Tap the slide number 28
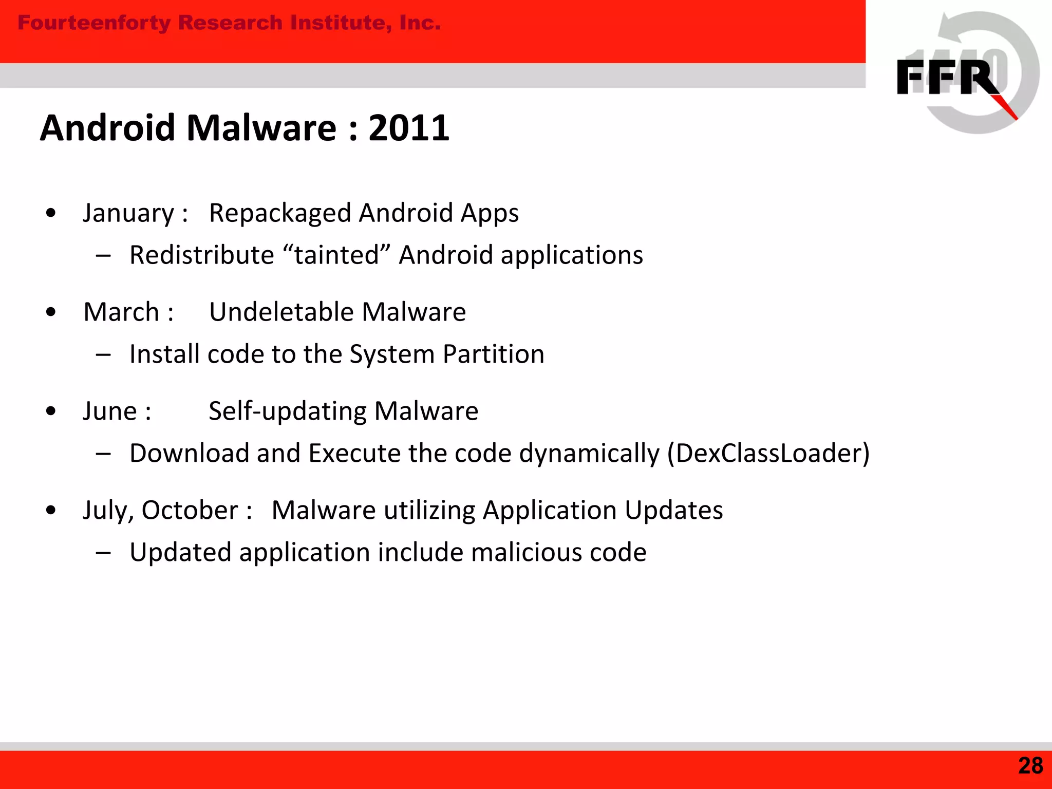(x=1030, y=765)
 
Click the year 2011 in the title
(x=409, y=128)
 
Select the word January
(x=128, y=213)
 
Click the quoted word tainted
(x=336, y=255)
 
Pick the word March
(x=121, y=312)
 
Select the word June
(x=109, y=411)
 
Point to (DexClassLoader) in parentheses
(x=768, y=454)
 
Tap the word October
(x=190, y=511)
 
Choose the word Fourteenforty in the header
(x=93, y=23)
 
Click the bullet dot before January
(x=50, y=213)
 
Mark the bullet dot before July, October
(x=50, y=510)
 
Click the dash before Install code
(x=103, y=354)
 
